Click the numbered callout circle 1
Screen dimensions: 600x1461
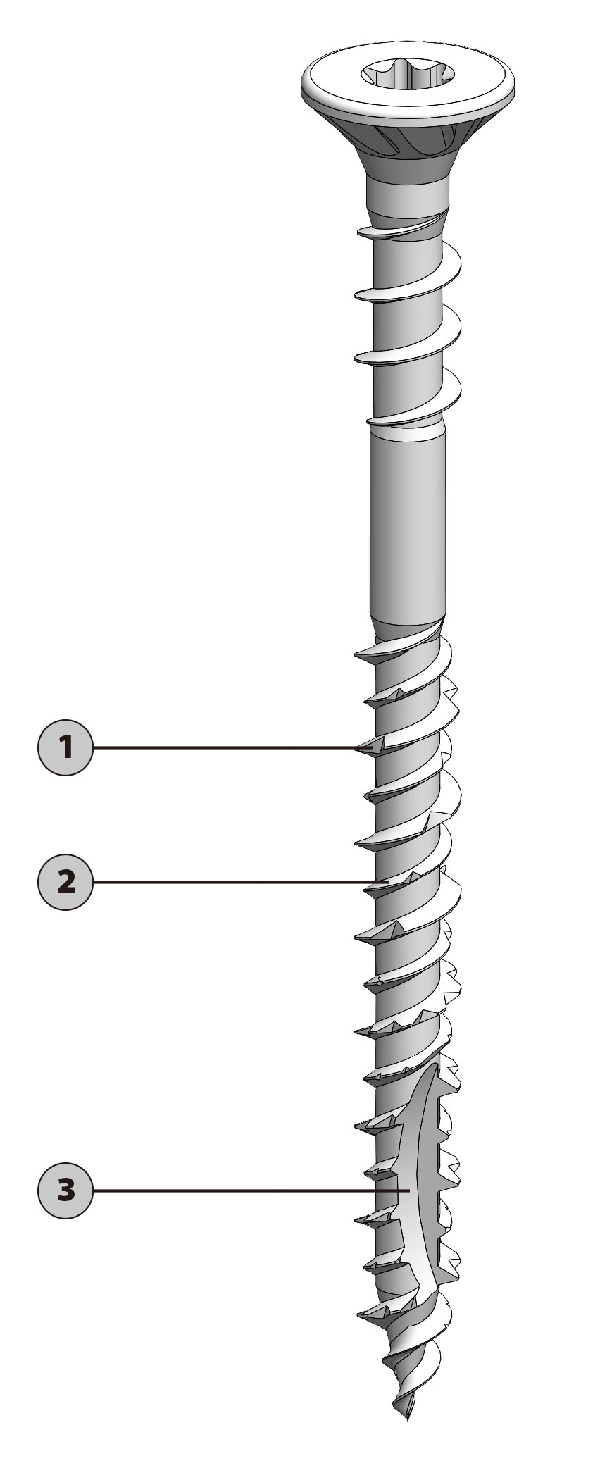[65, 747]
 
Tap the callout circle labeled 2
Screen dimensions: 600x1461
[65, 882]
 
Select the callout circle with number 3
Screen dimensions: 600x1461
[65, 1190]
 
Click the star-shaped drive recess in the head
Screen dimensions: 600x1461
[408, 73]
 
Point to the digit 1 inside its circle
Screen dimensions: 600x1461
[65, 747]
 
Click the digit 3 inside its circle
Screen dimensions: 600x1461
[65, 1190]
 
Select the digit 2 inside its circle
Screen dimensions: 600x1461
[65, 882]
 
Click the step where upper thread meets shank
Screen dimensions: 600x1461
[407, 427]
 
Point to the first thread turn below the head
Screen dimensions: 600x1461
[401, 227]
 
